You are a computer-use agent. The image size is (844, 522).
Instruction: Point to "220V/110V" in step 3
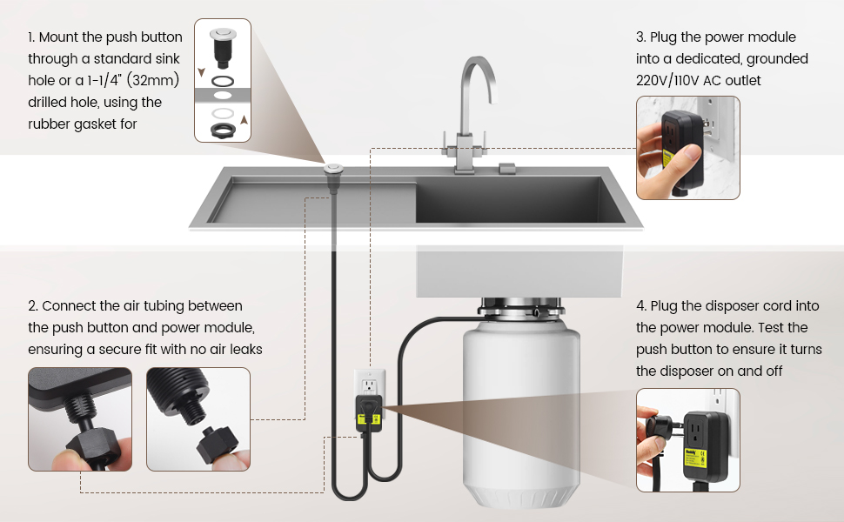667,80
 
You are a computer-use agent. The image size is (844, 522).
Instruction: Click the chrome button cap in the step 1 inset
223,33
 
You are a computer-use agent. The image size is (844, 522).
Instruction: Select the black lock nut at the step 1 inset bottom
223,130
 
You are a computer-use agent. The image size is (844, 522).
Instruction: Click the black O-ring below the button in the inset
222,81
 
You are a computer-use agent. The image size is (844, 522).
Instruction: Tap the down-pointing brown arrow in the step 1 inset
201,72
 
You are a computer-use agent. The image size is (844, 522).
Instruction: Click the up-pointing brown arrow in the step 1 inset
244,119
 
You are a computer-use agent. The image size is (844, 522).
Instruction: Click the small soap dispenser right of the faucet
507,169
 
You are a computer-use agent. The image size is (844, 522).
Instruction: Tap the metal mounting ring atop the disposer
521,309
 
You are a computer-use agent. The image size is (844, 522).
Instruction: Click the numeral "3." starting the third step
640,37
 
